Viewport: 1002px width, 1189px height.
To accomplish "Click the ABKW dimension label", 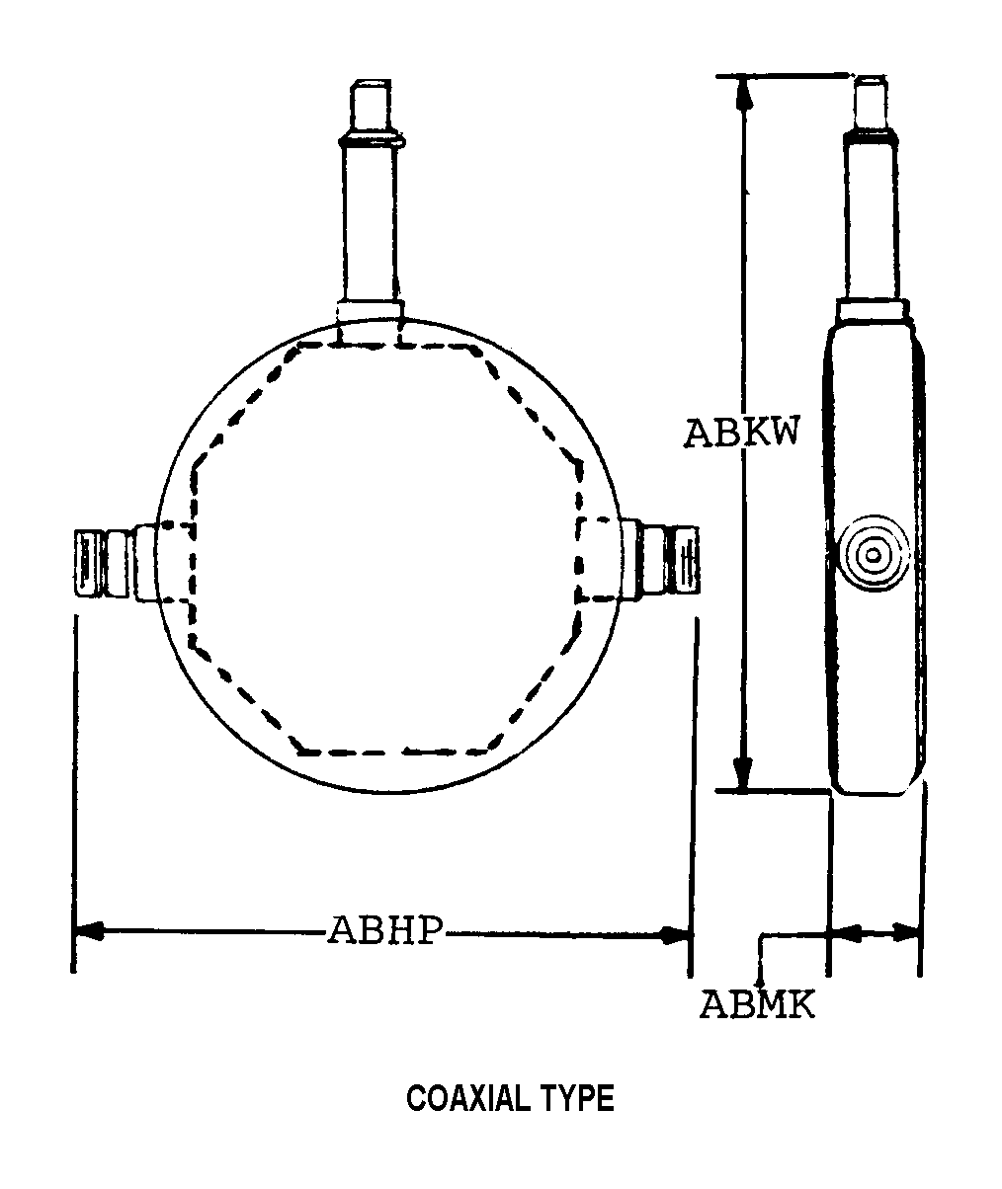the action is click(741, 433).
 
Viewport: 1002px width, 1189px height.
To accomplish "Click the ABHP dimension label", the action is click(385, 931).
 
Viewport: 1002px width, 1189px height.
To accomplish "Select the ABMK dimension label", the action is click(757, 1005).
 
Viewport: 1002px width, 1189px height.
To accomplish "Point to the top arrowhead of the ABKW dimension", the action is click(744, 92).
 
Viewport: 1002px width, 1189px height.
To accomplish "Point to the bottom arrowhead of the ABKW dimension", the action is click(743, 772).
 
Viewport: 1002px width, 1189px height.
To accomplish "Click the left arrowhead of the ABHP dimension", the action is click(90, 931).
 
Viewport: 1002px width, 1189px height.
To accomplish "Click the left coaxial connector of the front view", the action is click(116, 564).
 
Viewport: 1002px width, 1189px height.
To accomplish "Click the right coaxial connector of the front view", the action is click(661, 559).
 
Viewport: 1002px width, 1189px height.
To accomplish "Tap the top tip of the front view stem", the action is click(371, 81).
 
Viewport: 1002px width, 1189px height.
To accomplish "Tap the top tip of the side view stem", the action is click(870, 77).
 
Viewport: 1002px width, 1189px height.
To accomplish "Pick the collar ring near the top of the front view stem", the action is click(372, 139).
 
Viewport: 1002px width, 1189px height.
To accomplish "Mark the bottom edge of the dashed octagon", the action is click(393, 753).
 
